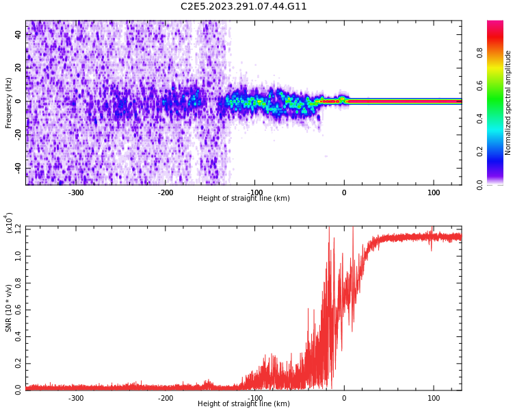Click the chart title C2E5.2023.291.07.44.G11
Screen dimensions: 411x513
coord(244,7)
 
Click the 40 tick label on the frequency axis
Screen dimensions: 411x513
coord(18,34)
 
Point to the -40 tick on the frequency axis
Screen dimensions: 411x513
coord(18,168)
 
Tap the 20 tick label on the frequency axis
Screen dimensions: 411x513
coord(18,68)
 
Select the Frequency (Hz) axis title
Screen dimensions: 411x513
coord(9,103)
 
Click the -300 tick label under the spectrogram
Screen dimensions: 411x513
coord(76,192)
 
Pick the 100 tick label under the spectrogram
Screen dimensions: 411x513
coord(434,192)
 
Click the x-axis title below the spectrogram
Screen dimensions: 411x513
coord(244,199)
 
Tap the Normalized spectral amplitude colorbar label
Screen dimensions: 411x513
coord(508,103)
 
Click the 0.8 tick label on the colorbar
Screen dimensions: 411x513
coord(480,52)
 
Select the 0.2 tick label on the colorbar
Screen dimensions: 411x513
coord(480,151)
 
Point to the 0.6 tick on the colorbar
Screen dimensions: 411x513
coord(480,85)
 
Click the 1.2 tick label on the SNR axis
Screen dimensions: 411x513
coord(18,227)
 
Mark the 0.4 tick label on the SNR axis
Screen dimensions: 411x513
coord(18,336)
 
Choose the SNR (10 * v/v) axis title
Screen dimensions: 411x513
coord(9,308)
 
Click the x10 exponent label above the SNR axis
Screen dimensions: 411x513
coord(9,222)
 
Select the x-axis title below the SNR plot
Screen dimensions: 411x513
coord(244,404)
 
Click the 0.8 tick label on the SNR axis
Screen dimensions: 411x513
coord(18,282)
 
